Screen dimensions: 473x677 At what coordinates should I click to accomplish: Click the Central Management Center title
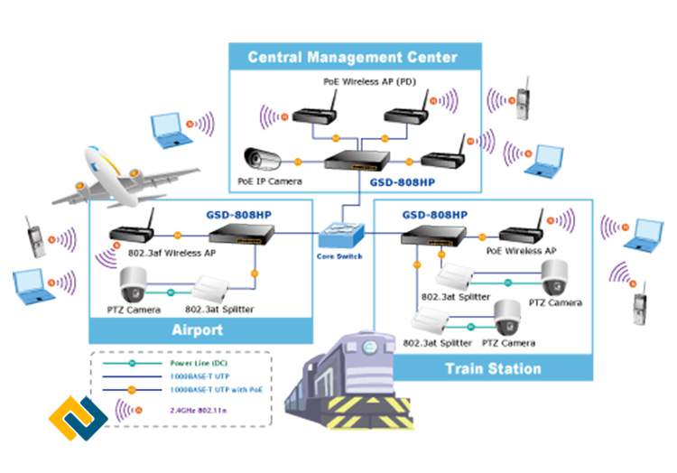pos(353,58)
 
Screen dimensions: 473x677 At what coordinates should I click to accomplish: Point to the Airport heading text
pos(197,329)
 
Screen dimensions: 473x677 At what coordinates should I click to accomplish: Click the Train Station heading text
pos(493,368)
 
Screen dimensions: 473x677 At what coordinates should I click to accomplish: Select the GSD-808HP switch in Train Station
pos(434,236)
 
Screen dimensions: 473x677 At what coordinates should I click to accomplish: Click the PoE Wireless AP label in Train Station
pos(521,250)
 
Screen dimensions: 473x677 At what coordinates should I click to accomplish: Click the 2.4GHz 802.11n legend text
pos(201,410)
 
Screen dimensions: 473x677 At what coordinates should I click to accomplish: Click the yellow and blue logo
pos(79,419)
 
